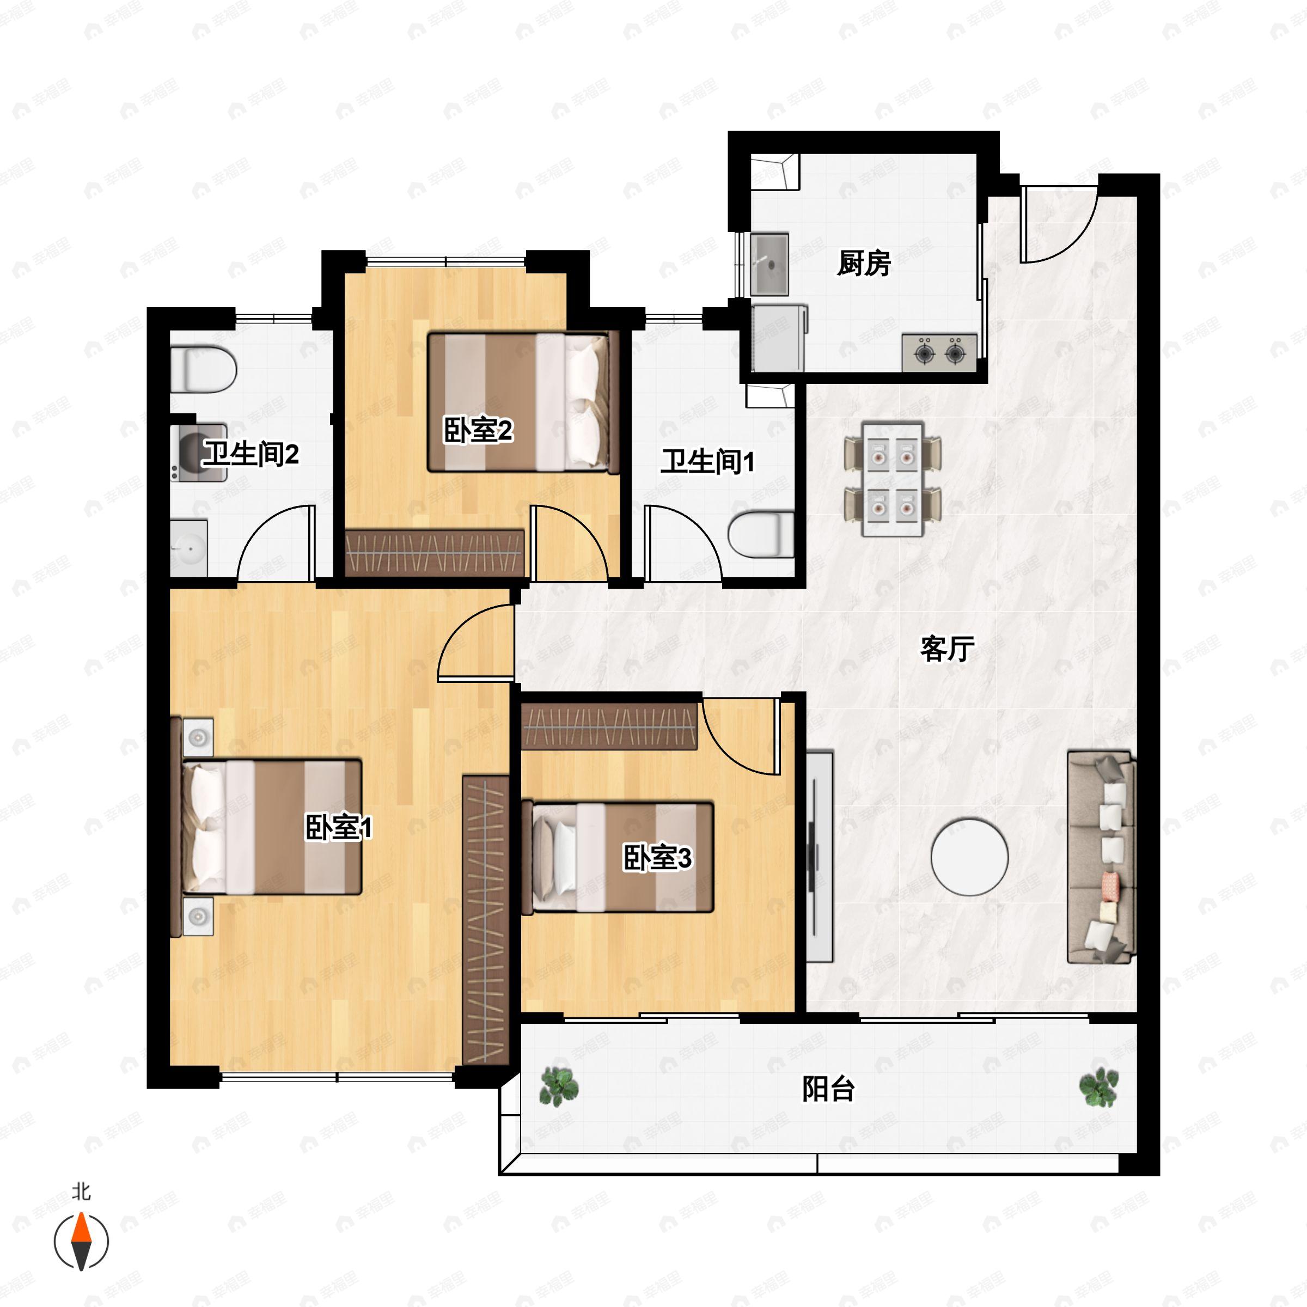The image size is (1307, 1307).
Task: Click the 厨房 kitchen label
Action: click(x=863, y=263)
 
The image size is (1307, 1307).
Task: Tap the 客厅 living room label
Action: click(x=947, y=649)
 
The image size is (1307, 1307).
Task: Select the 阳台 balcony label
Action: click(x=829, y=1089)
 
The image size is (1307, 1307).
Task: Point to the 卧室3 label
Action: click(x=657, y=858)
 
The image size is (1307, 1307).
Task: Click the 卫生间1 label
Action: click(x=707, y=462)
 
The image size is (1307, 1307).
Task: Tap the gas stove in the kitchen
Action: click(x=939, y=352)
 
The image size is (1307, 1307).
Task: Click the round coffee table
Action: click(x=969, y=857)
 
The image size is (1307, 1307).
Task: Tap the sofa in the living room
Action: click(x=1101, y=857)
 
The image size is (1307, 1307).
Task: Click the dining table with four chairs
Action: click(x=893, y=479)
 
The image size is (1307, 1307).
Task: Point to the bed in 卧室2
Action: click(x=523, y=402)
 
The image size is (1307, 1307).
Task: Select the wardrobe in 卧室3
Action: click(x=609, y=726)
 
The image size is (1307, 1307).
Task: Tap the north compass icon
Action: click(x=81, y=1242)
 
